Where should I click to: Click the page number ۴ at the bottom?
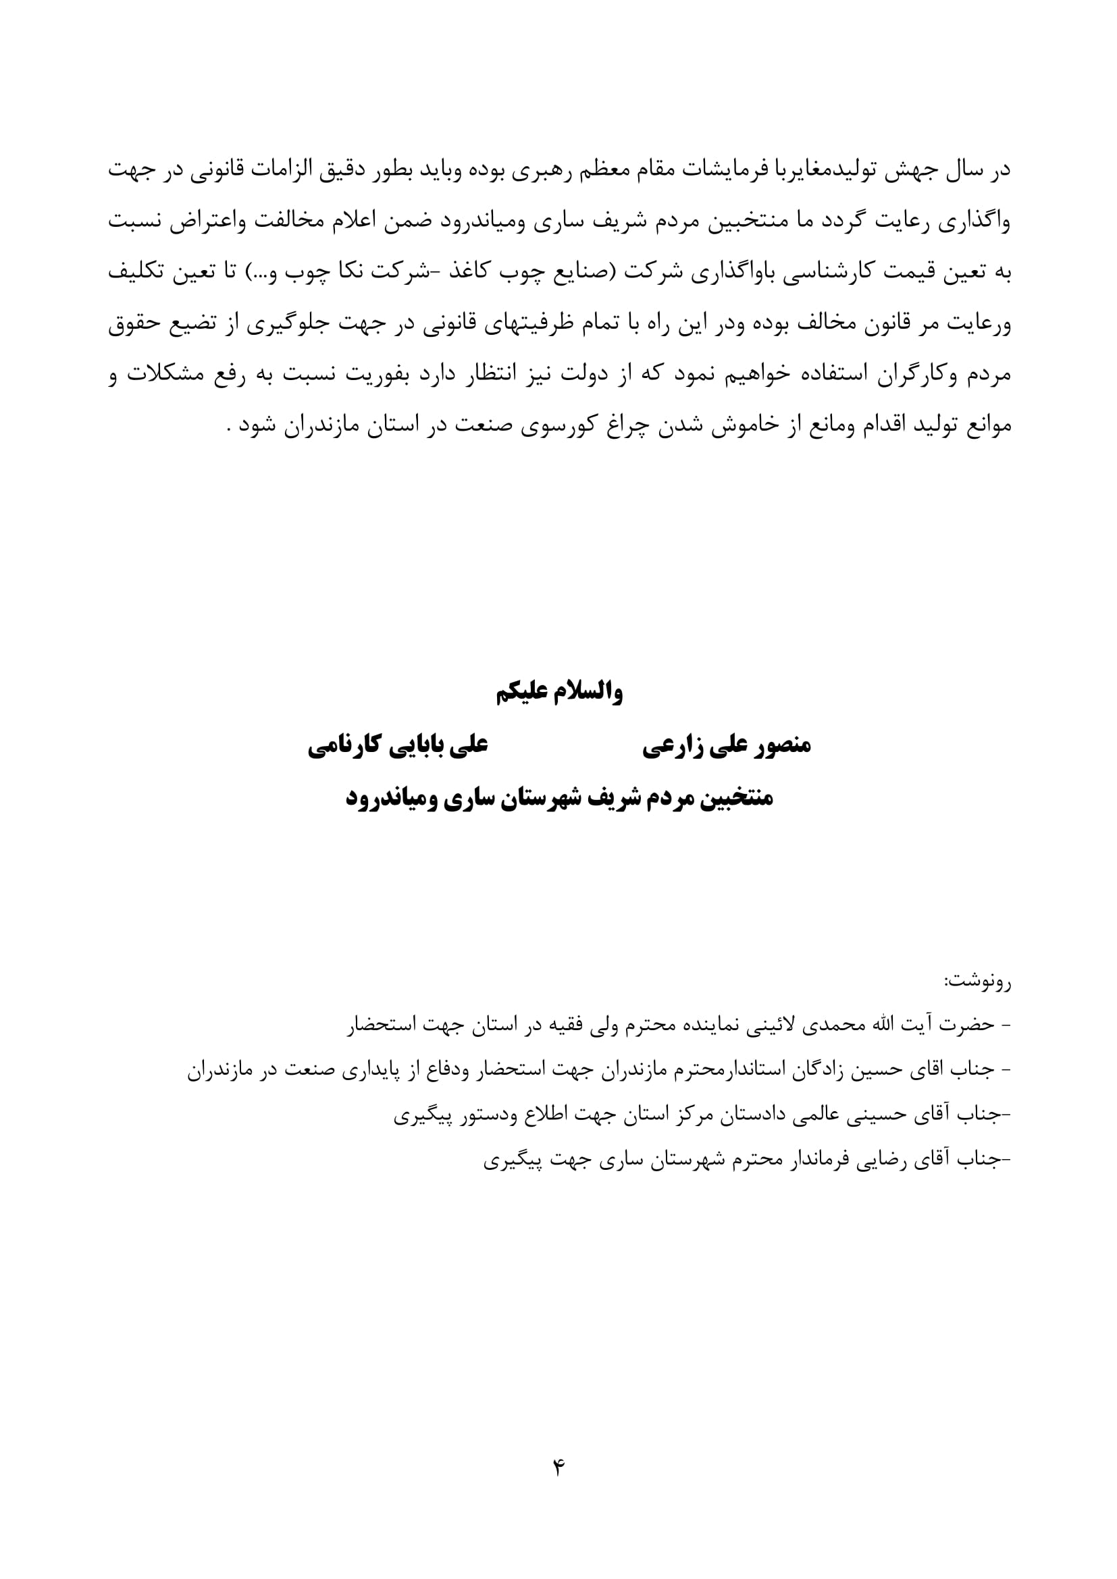tap(558, 1468)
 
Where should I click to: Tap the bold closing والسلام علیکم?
tap(559, 693)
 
